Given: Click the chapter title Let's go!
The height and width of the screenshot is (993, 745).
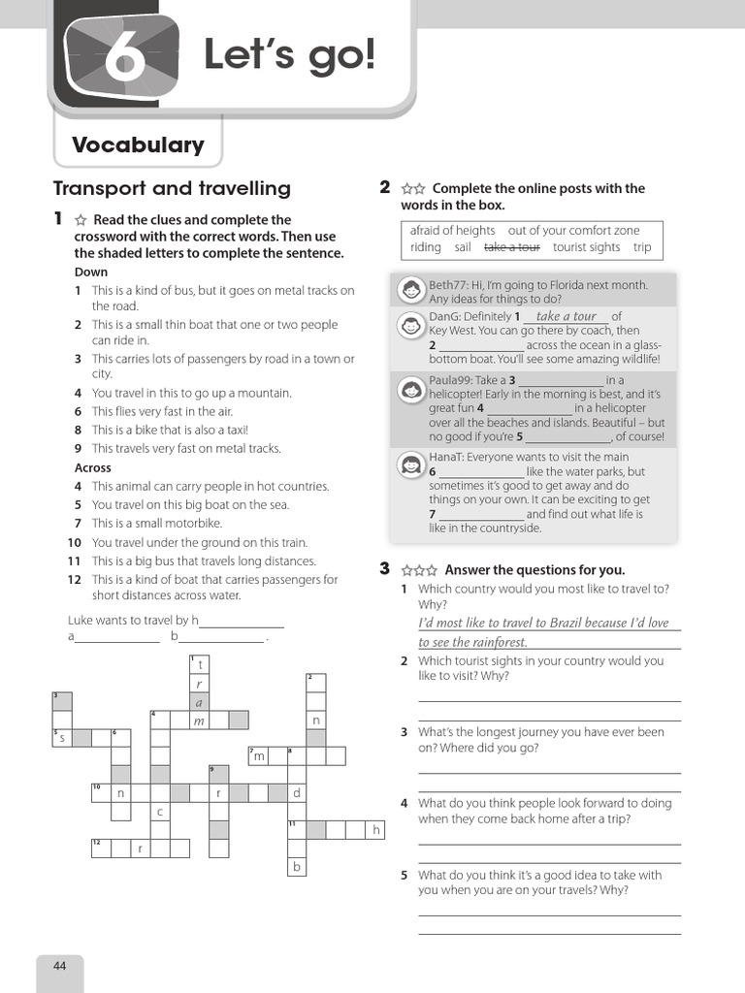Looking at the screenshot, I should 288,55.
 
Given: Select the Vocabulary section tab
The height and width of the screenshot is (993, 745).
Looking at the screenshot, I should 138,145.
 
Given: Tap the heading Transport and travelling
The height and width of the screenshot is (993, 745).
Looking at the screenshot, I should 172,188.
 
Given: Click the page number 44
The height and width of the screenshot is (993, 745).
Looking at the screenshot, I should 60,965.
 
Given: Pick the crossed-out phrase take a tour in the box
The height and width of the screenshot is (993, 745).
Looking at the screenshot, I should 511,247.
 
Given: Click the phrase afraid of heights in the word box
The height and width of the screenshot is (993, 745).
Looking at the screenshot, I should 452,230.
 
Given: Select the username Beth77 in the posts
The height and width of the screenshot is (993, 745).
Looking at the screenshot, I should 448,285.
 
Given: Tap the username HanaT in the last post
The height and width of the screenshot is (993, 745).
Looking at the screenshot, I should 447,457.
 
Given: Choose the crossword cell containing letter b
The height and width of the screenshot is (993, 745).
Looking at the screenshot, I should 298,867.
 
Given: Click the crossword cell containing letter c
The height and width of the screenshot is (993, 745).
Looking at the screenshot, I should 160,812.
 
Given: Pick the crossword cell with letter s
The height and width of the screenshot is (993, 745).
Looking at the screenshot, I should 62,738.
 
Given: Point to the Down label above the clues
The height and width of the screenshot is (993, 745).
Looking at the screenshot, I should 92,272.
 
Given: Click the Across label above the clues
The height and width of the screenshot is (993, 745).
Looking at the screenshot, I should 93,467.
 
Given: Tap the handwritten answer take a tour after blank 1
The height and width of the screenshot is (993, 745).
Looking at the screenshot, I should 566,316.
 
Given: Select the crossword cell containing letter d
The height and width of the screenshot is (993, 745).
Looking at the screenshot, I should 298,793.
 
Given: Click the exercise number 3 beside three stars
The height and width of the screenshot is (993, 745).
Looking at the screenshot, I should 385,569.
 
